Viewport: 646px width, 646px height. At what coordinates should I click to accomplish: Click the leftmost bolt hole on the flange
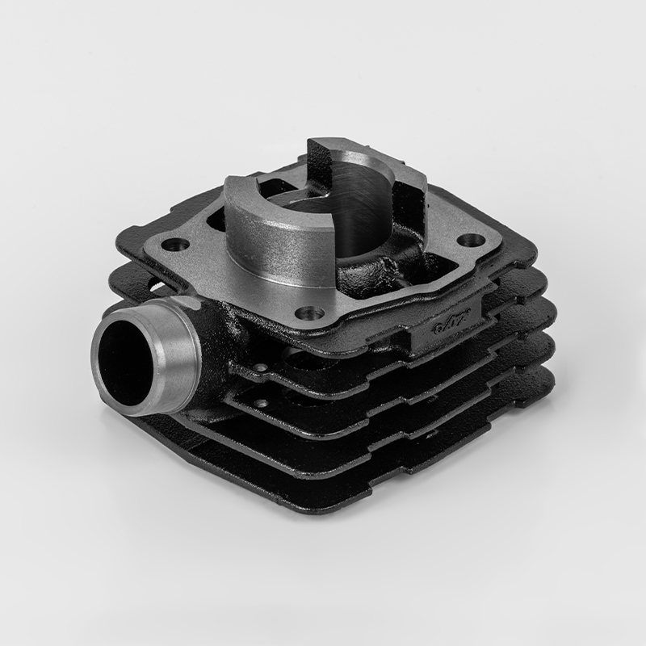pos(174,242)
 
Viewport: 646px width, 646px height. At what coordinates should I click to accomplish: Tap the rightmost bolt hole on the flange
pos(472,240)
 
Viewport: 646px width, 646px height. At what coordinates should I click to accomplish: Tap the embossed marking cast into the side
pos(449,324)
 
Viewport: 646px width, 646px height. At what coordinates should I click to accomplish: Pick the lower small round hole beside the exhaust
pos(262,401)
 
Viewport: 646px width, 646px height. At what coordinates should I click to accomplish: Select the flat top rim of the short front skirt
pos(242,187)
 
